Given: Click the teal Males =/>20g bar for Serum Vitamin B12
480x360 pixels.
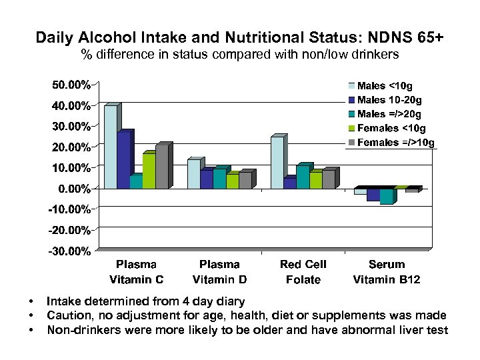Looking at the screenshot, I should pyautogui.click(x=386, y=196).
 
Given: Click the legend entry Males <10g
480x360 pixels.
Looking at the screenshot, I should pyautogui.click(x=381, y=86).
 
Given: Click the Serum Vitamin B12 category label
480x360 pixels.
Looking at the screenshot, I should pyautogui.click(x=386, y=272).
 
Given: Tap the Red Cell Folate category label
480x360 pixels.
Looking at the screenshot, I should pyautogui.click(x=303, y=272).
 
